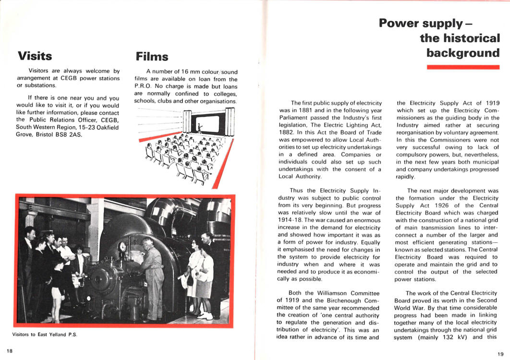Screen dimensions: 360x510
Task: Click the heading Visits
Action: point(35,56)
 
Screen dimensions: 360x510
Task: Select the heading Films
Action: point(152,57)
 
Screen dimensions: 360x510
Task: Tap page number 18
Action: point(10,350)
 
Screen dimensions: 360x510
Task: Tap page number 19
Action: point(500,354)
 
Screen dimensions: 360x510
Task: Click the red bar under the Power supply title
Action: point(463,67)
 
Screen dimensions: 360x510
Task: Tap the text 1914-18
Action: point(293,220)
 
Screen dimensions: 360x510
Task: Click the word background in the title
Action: point(463,52)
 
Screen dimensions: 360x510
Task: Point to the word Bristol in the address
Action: point(44,134)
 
